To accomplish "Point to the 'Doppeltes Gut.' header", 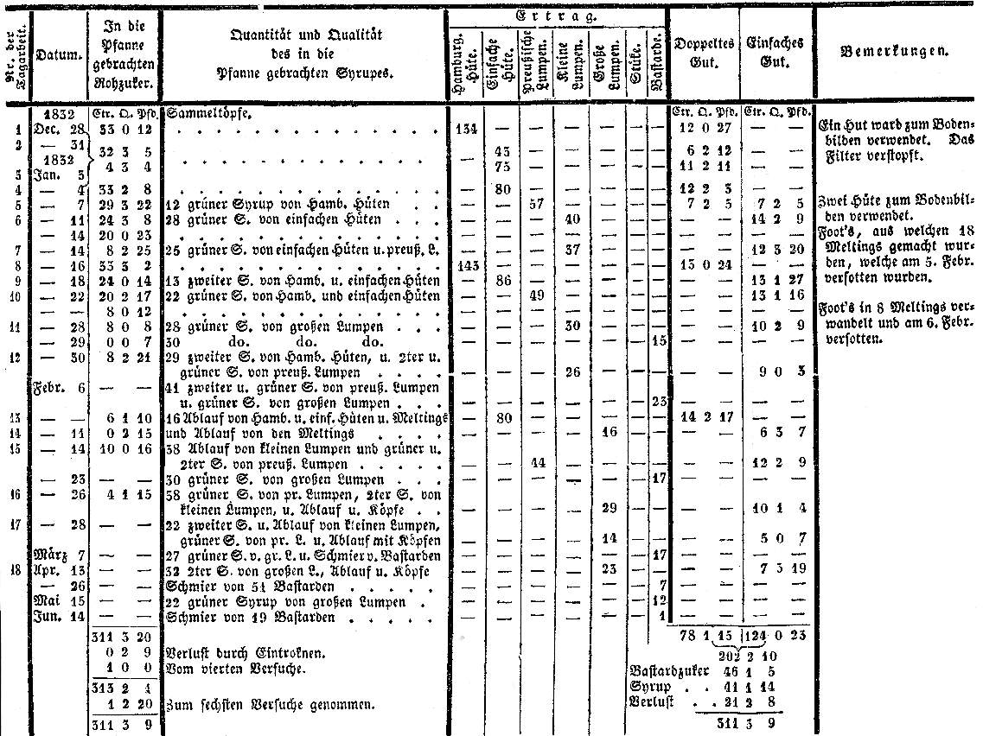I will coord(705,52).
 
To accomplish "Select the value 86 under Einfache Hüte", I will coord(501,281).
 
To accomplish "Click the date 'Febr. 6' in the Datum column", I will coord(59,388).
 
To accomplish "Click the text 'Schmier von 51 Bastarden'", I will coord(235,585).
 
